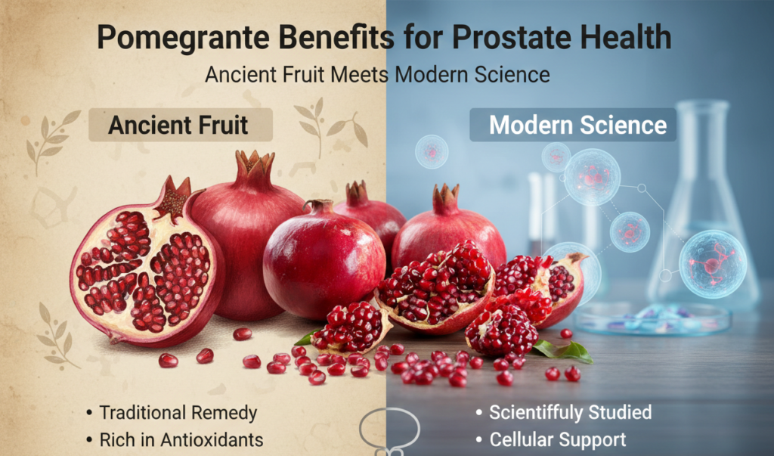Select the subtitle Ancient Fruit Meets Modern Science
click(387, 75)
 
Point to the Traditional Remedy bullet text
click(178, 414)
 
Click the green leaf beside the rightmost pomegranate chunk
click(569, 350)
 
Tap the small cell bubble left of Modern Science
click(431, 152)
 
